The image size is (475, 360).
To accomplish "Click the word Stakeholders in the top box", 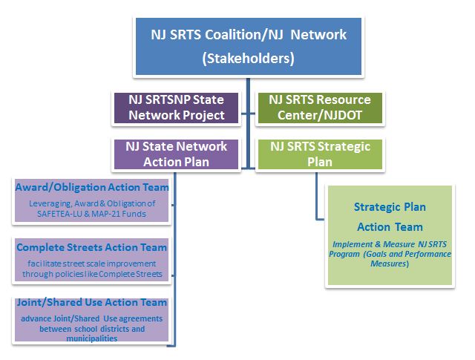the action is coord(248,58).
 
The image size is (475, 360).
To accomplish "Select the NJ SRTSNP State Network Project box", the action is coord(176,108).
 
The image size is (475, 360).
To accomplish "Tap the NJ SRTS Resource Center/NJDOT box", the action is coord(320,108).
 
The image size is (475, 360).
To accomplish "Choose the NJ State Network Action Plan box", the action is coord(176,154).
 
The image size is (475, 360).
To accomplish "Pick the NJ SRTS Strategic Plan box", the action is coord(320,154).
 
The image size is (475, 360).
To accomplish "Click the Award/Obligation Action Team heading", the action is coord(92,187).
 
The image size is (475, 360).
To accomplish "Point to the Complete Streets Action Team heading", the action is coord(91,247).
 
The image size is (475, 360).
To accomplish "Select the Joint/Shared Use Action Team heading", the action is coord(91,302).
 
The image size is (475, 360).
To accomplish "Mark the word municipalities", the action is coord(92,338).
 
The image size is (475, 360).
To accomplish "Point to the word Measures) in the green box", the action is coord(390,264).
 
